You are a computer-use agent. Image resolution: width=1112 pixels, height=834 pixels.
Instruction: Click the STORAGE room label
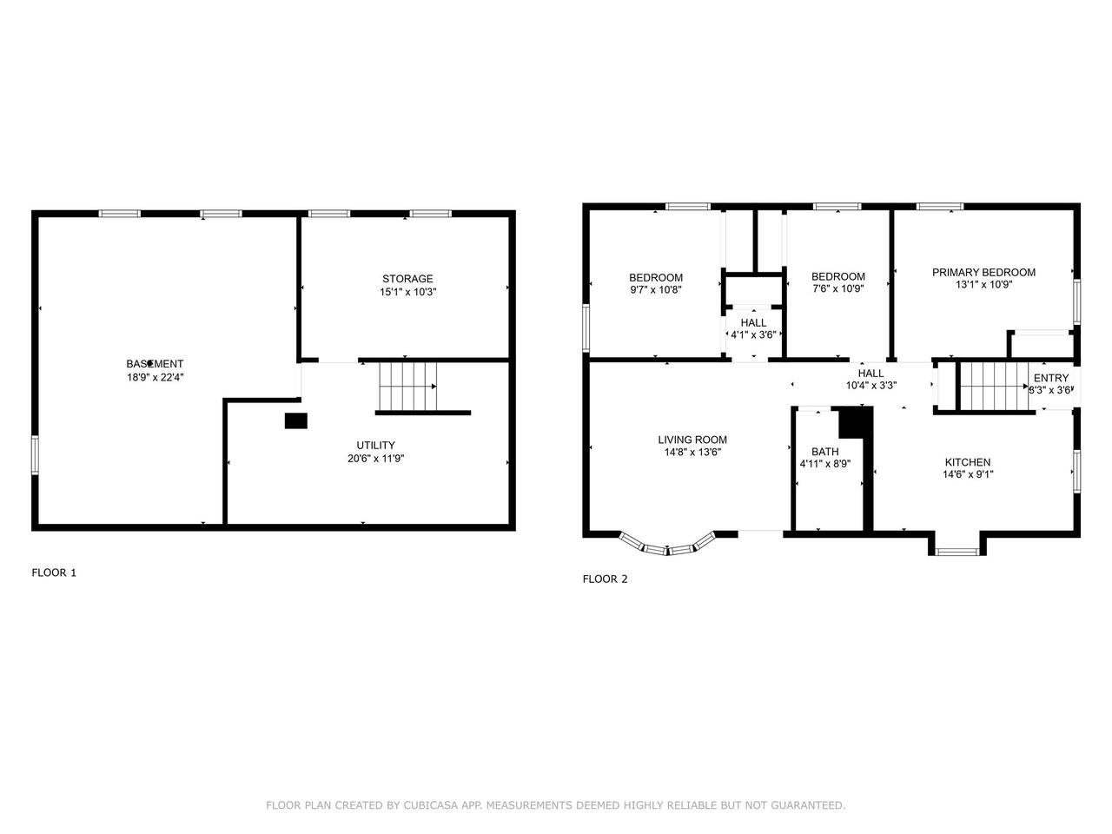click(x=407, y=279)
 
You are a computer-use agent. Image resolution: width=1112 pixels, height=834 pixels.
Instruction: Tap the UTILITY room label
click(x=375, y=445)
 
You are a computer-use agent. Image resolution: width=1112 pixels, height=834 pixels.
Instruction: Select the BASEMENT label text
click(x=155, y=363)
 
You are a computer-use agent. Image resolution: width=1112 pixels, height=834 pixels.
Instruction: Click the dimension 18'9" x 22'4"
click(x=155, y=377)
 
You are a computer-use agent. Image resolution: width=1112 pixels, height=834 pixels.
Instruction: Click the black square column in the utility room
click(x=296, y=420)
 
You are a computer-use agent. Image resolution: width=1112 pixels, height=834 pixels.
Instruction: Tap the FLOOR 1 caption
click(x=54, y=573)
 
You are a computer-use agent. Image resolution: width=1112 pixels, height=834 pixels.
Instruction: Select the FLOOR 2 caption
click(x=605, y=579)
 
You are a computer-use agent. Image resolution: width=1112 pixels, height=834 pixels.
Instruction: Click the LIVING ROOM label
click(x=692, y=440)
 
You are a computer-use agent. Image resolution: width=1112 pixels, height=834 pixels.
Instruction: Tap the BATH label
click(x=824, y=452)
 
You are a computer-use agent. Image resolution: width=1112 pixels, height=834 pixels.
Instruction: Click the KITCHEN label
click(x=968, y=462)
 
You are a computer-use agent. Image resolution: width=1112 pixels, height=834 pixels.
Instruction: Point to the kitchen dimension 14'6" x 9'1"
click(x=968, y=474)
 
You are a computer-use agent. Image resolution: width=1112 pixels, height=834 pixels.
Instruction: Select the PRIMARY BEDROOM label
click(x=983, y=272)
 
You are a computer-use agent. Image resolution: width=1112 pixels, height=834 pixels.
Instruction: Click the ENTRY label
click(x=1051, y=378)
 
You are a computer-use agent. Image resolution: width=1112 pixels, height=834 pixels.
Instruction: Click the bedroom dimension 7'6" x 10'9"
click(x=838, y=289)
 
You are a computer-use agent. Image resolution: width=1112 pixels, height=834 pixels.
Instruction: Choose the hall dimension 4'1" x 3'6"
click(x=753, y=334)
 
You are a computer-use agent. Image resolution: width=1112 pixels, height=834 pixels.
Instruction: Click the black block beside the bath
click(x=855, y=423)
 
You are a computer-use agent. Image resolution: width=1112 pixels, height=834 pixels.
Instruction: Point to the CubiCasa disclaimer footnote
click(x=555, y=805)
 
